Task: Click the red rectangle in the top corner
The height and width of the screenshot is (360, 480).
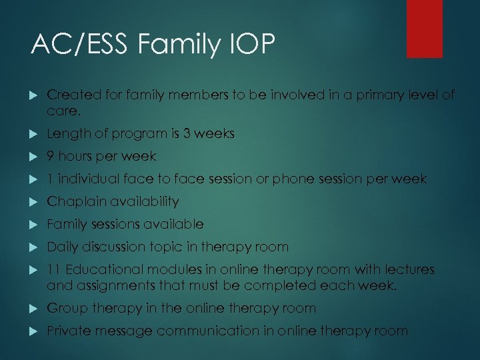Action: click(425, 28)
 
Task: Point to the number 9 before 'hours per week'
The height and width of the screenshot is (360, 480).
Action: click(51, 156)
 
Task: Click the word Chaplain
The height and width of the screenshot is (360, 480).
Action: click(75, 201)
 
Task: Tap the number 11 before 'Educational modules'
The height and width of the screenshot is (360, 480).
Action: click(53, 269)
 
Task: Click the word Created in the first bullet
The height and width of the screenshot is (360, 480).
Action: click(71, 95)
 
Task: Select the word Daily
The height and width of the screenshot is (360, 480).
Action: click(61, 247)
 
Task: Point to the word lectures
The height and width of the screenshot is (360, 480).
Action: click(405, 269)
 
